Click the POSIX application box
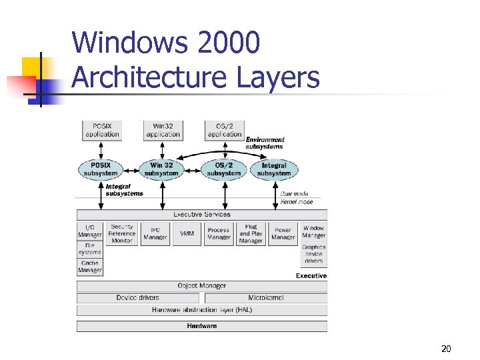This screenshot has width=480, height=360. (102, 130)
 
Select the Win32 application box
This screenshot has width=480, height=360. (163, 130)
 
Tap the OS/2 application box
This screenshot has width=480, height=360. (225, 130)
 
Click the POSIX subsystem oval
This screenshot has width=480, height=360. (101, 169)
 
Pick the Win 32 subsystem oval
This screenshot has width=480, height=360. (161, 169)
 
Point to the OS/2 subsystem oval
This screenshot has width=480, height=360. (224, 169)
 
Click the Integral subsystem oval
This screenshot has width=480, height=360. (274, 169)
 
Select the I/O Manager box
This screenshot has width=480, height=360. (90, 231)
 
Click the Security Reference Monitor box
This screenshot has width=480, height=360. (122, 233)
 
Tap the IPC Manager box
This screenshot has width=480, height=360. (155, 233)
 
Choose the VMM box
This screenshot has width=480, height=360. (187, 233)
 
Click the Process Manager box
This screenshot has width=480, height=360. (219, 233)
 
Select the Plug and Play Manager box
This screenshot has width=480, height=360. (251, 233)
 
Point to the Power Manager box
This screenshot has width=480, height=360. (283, 233)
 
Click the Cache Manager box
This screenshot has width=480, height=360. (90, 267)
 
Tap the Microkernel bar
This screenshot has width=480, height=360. (265, 298)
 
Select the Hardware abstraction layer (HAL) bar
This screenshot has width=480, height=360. (202, 310)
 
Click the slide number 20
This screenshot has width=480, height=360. (446, 349)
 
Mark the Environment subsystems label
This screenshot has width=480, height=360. (265, 143)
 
